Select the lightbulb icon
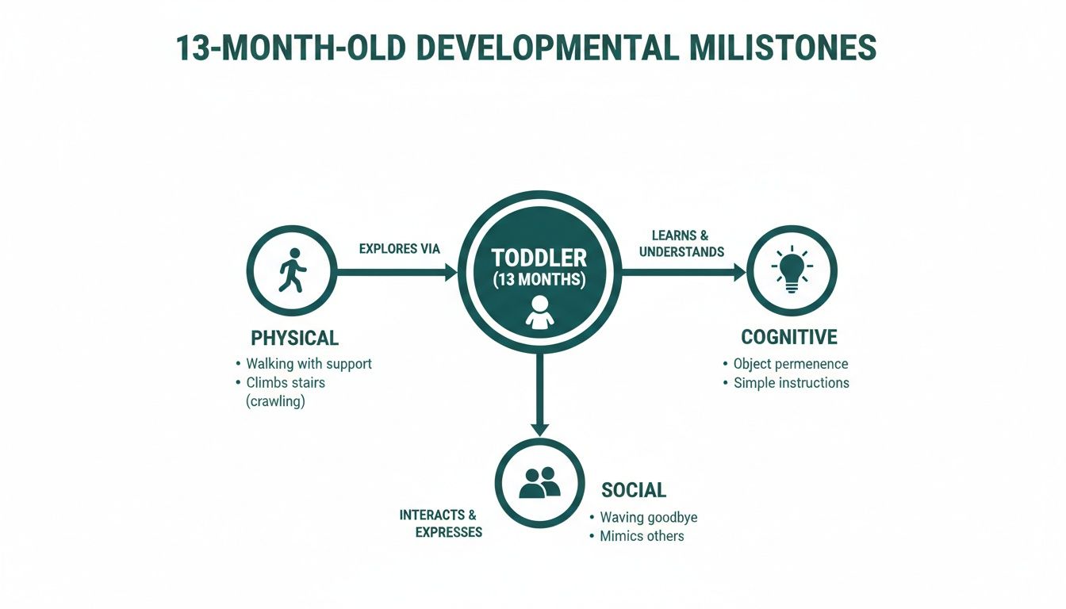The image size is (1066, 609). pos(790,271)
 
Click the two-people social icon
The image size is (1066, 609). pos(539,482)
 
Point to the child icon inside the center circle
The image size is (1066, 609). pos(539,312)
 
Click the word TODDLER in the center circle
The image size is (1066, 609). pos(539,259)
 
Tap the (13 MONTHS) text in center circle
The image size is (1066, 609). pos(539,280)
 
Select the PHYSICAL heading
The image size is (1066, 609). pos(294,338)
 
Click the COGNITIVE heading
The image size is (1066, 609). pos(788,337)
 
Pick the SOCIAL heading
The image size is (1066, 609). pos(634,490)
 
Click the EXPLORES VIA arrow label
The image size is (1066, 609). pos(399,249)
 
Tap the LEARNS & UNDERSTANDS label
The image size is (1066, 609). pos(681,243)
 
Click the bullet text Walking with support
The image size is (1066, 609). pos(309,364)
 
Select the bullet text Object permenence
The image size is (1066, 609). pos(790,364)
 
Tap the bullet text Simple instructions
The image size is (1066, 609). pos(791,383)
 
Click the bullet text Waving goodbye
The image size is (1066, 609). pos(648,518)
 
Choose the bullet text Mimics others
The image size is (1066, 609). pos(642,536)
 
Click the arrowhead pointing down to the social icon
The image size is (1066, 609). pos(539,428)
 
